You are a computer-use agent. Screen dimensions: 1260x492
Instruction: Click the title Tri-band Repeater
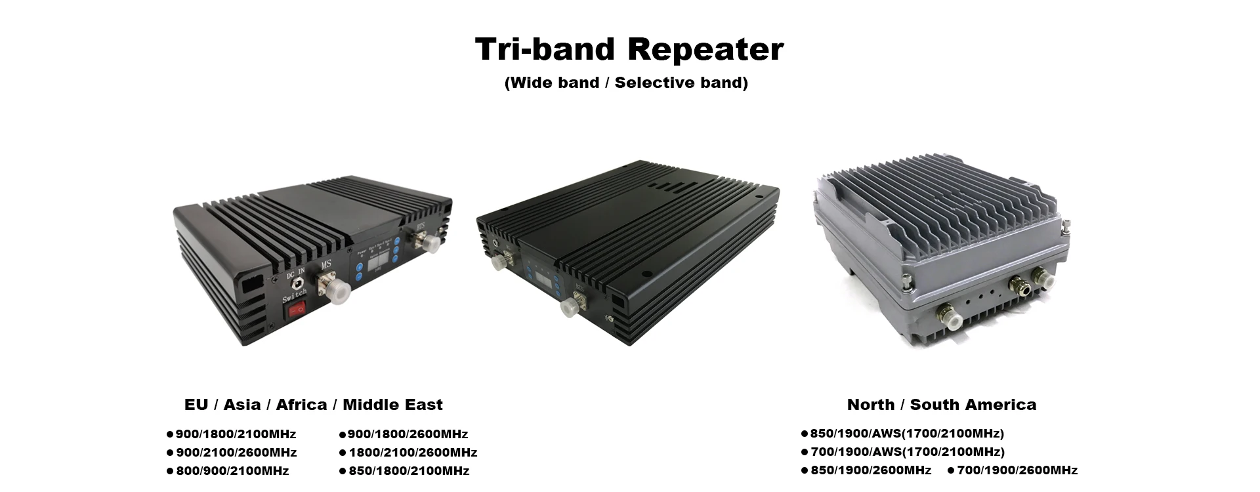(x=629, y=50)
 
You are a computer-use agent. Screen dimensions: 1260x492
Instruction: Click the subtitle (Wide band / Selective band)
(x=626, y=83)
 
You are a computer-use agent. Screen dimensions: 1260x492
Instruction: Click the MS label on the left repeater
(x=326, y=265)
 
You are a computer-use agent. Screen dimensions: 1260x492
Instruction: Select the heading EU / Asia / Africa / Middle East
(x=314, y=405)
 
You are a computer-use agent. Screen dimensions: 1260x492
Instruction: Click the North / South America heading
(x=942, y=405)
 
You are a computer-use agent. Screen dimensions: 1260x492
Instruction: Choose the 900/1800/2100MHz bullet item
(x=232, y=434)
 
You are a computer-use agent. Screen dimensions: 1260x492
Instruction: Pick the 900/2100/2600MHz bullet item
(x=232, y=453)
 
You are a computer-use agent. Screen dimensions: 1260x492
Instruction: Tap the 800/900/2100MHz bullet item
(x=228, y=471)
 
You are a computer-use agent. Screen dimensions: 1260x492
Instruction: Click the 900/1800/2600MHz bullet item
(x=404, y=434)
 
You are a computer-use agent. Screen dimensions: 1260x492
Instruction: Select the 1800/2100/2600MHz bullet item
(x=408, y=453)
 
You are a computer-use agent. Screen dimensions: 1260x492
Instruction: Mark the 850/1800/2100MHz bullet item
(x=404, y=471)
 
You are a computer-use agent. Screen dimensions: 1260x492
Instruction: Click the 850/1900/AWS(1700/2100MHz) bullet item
(x=903, y=434)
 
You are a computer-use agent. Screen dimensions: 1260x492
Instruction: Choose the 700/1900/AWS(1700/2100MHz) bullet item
(x=903, y=452)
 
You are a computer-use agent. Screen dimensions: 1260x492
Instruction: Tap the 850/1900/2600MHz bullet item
(x=866, y=470)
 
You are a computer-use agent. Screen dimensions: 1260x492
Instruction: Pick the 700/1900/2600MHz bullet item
(x=1013, y=470)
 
